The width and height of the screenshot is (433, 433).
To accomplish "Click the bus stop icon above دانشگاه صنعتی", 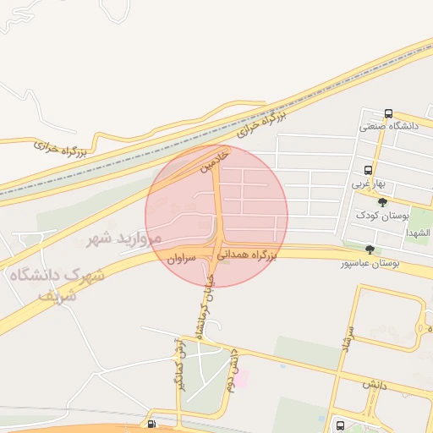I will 388,113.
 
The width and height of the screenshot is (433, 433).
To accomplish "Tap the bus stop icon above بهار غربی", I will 368,170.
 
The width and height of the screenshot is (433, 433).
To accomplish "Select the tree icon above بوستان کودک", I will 382,202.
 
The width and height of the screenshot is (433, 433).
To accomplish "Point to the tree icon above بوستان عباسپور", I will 370,249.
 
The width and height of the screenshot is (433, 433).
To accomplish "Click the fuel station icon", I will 151,425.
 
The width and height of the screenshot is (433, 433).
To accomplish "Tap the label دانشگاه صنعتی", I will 389,126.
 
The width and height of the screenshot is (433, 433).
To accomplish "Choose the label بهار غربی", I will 369,183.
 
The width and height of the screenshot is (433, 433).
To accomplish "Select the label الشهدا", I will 418,233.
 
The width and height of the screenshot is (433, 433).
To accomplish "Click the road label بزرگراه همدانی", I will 247,253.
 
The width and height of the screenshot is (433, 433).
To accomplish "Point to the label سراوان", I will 181,256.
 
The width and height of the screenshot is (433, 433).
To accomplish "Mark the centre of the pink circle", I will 216,216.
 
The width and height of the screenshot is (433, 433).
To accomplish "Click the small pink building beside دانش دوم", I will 240,378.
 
